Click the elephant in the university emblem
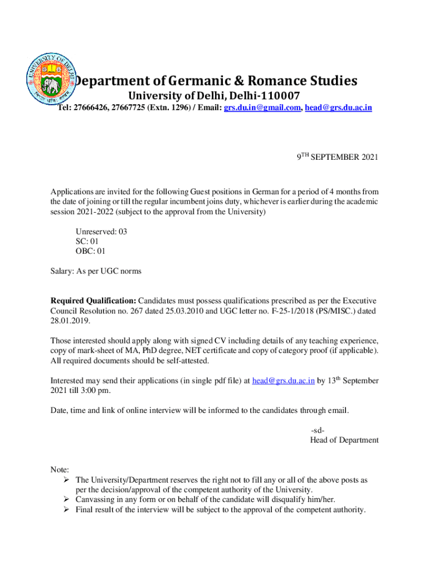(52, 86)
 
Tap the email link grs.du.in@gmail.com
(262, 107)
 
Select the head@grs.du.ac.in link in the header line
(339, 107)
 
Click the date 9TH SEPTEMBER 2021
(337, 158)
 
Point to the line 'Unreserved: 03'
(101, 232)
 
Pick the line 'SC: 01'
(87, 241)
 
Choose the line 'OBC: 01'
(90, 251)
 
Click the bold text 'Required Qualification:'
(93, 301)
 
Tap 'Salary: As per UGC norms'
(96, 271)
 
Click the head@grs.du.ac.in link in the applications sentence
(284, 381)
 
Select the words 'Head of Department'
(344, 440)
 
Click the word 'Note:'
(60, 470)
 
